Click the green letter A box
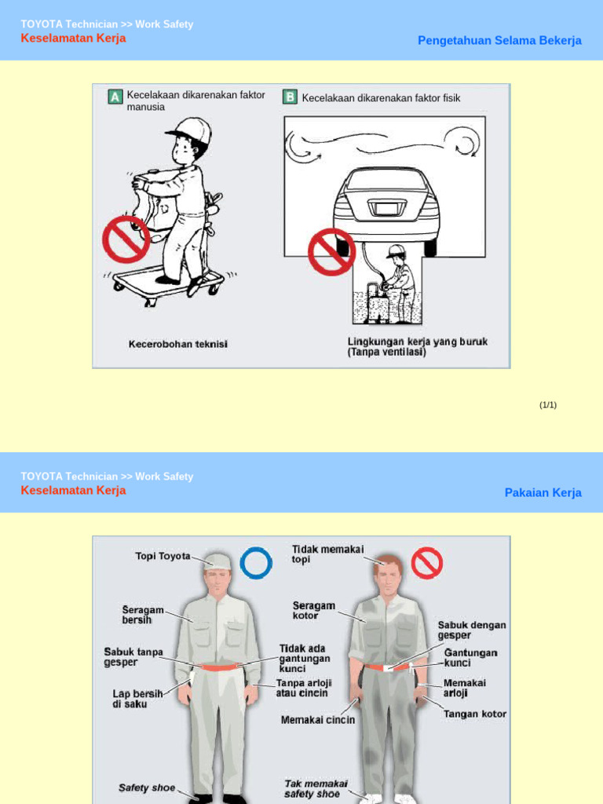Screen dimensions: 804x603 (115, 97)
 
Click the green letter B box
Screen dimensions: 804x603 (290, 97)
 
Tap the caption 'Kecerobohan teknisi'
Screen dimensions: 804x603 (177, 344)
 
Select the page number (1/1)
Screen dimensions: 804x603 (547, 405)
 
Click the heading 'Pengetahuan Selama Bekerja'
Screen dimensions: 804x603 (499, 41)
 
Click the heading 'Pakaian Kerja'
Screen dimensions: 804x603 (543, 493)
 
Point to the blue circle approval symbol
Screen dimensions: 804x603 (256, 563)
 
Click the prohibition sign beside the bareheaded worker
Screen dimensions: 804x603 (427, 562)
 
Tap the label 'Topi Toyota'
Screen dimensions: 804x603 (163, 556)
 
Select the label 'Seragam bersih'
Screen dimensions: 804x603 (143, 614)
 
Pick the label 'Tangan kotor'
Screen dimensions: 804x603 (475, 714)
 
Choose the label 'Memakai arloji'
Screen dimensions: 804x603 (465, 689)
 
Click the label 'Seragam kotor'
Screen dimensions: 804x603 (314, 611)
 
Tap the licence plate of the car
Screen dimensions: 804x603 (386, 209)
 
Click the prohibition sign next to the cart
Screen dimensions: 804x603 (126, 240)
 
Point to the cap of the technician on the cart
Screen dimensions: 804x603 (192, 130)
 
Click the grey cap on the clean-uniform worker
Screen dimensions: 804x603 (217, 561)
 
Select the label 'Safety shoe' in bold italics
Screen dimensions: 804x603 (147, 788)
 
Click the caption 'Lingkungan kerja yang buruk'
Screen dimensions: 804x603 (417, 342)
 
